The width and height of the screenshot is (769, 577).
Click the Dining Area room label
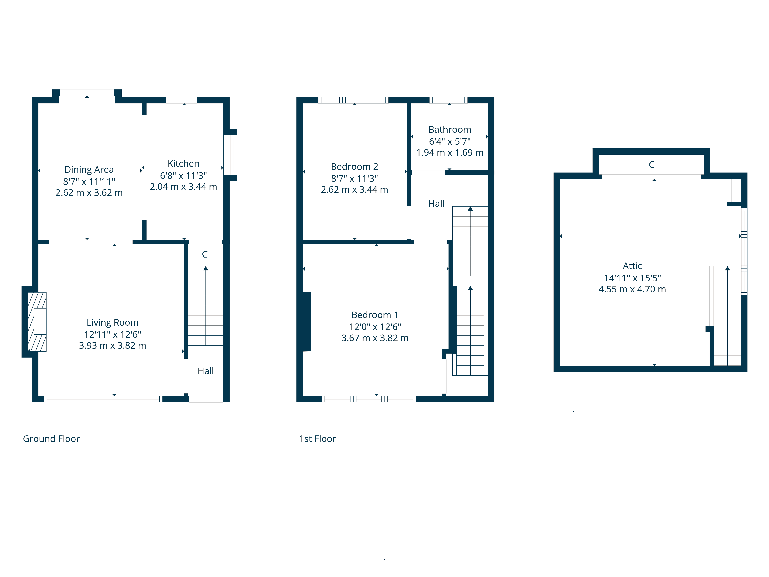[x=89, y=169]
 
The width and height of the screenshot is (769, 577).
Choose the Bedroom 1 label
[x=375, y=315]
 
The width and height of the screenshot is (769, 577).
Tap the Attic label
[x=632, y=266]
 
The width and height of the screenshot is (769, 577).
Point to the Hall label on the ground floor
[x=206, y=371]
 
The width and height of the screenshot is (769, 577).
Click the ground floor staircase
[x=206, y=306]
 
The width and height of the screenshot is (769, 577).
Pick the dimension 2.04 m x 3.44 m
[x=183, y=187]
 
